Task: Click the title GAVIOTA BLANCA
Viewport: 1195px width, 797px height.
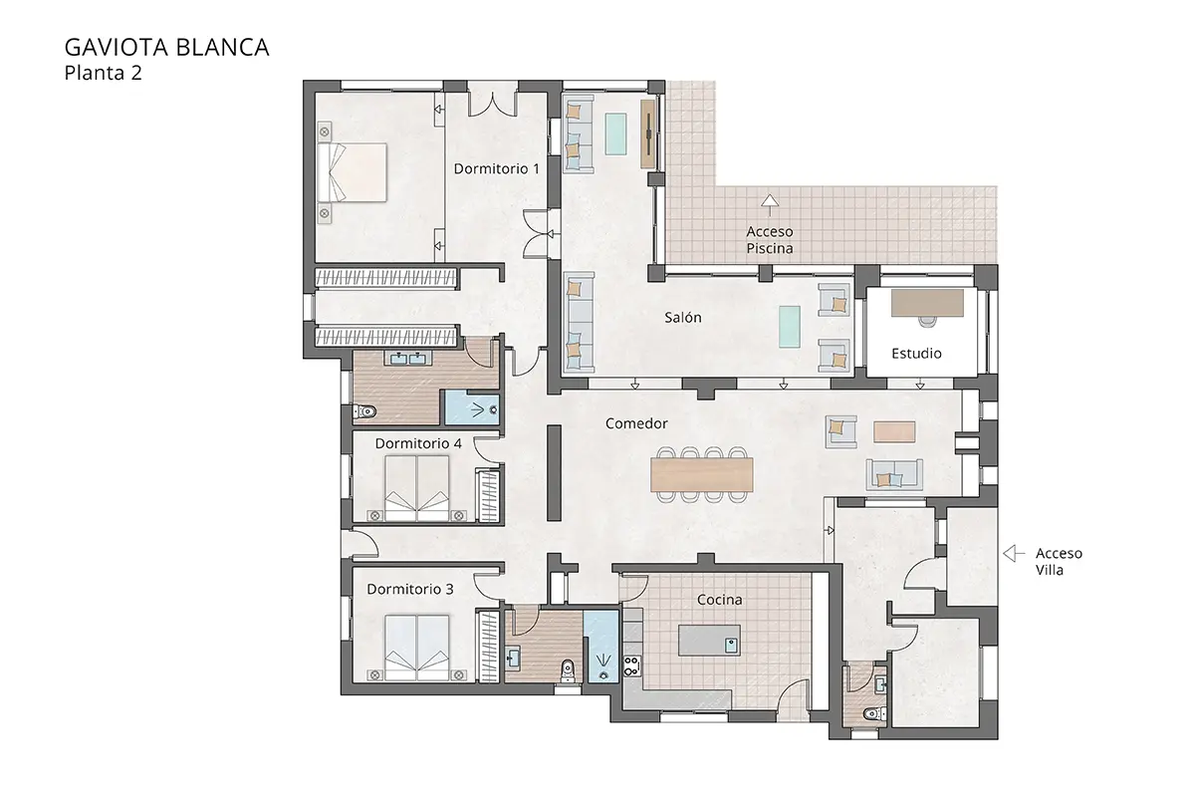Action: click(x=165, y=47)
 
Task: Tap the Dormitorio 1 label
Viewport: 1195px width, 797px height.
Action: click(x=496, y=168)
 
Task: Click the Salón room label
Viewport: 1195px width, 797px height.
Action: click(x=683, y=318)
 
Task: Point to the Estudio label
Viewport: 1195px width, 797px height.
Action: click(x=916, y=353)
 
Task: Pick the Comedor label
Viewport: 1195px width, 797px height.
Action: click(x=636, y=423)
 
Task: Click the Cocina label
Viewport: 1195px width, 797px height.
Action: click(x=719, y=599)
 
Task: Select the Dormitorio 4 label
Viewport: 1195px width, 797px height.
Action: click(x=418, y=442)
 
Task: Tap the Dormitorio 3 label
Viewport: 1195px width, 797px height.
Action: click(x=410, y=589)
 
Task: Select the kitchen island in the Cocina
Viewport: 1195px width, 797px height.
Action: click(x=710, y=640)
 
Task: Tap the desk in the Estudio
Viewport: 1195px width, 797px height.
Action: click(x=928, y=303)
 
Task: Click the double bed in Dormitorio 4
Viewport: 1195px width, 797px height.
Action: click(x=416, y=488)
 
